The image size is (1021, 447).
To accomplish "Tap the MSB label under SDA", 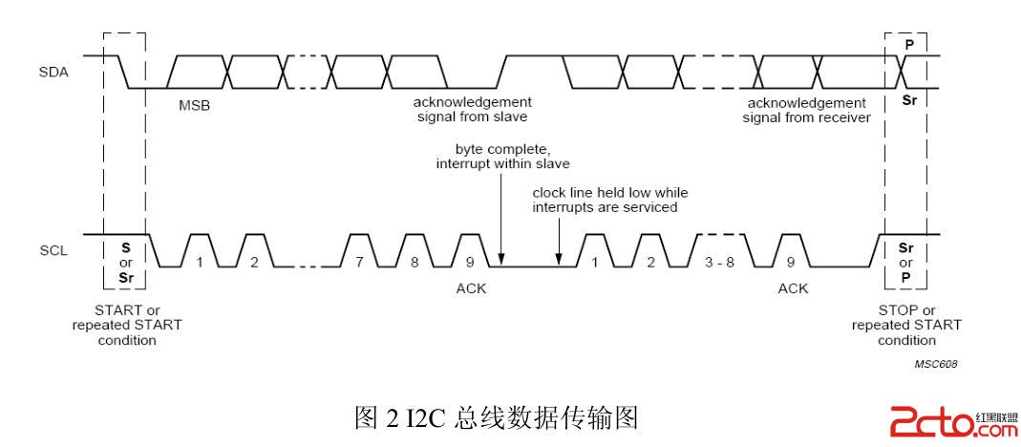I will point(194,105).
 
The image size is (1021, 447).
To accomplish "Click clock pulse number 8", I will point(415,260).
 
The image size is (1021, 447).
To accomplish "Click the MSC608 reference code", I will point(936,364).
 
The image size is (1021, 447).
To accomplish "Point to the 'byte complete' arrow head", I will point(500,261).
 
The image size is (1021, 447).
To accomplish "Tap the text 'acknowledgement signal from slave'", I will point(472,109).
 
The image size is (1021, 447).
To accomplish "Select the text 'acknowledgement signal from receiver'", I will point(807,110).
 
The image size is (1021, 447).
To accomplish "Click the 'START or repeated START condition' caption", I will point(127,325).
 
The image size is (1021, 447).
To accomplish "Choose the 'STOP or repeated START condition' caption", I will point(906,325).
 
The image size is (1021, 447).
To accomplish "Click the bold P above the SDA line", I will point(908,44).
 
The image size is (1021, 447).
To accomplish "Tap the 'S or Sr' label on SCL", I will point(124,262).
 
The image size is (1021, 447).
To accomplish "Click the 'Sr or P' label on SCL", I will point(906,262).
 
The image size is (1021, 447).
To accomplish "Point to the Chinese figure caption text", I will point(496,417).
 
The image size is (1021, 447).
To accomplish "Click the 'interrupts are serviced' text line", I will point(605,207).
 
